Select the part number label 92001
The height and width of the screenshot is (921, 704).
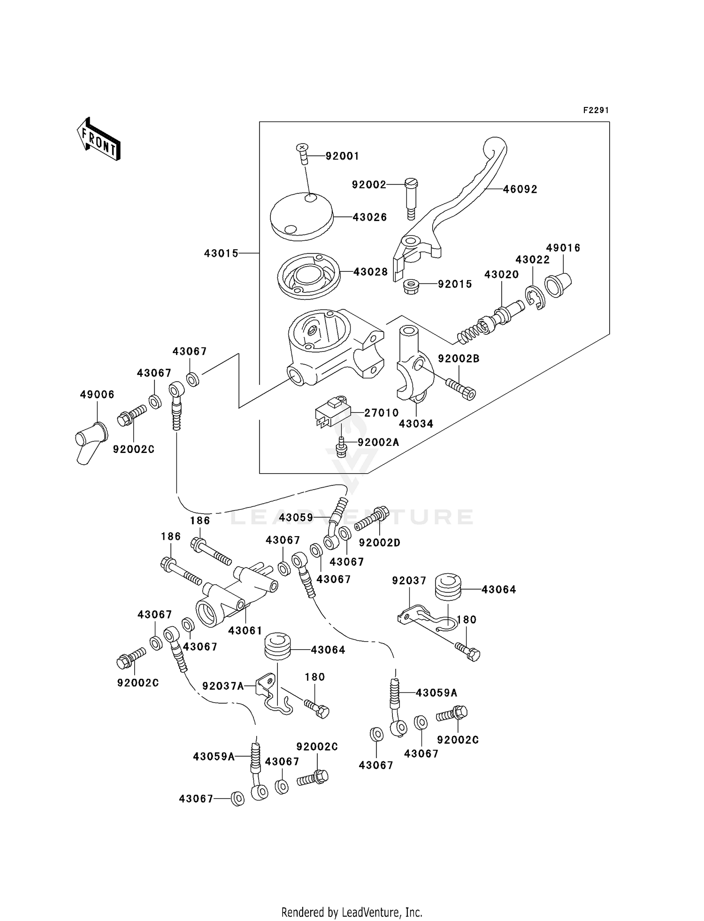(342, 156)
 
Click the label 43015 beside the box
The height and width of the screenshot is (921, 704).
(221, 253)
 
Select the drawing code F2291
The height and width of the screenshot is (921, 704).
(596, 110)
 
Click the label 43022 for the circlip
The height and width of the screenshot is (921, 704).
(532, 260)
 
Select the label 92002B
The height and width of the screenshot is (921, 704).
(459, 359)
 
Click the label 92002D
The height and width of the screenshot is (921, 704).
(379, 543)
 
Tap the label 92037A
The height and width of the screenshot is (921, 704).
(223, 686)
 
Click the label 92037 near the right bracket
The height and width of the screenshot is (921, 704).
(409, 581)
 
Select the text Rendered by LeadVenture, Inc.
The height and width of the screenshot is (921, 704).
(352, 913)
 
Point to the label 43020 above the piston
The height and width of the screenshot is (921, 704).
(501, 275)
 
